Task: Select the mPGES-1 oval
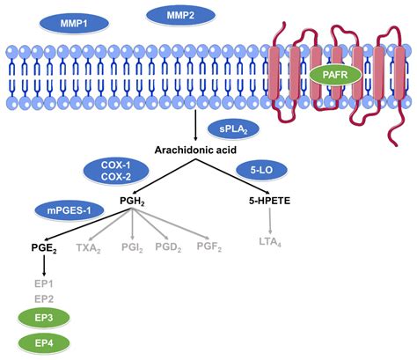(x=65, y=209)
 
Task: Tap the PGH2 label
(x=135, y=203)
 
